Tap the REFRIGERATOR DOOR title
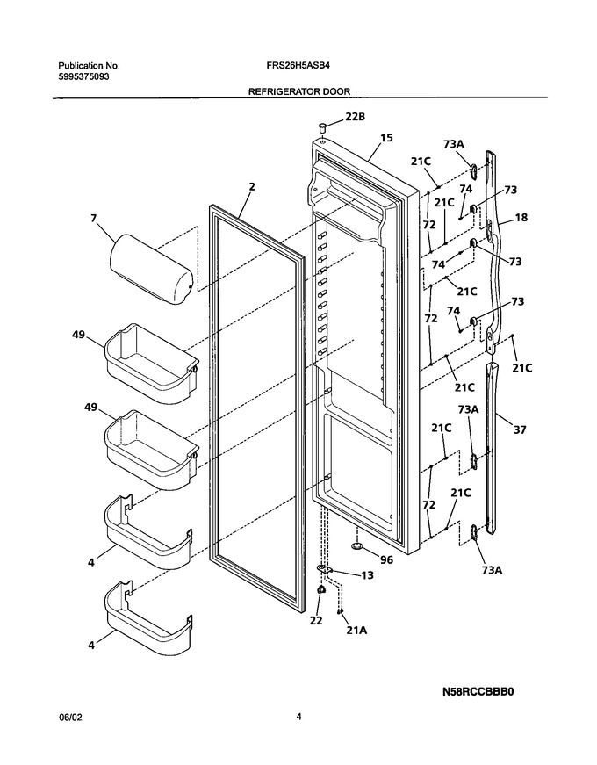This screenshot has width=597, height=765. pos(299,91)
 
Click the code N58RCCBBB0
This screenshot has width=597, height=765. pos(478,691)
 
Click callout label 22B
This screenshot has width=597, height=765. pos(355,117)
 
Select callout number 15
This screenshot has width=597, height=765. pos(386,138)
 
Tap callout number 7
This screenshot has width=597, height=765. pos(94,219)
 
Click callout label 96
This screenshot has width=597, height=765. pos(386,559)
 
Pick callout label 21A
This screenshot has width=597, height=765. pos(356,631)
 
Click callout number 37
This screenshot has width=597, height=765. pos(520,429)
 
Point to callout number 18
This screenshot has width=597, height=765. pos(521,217)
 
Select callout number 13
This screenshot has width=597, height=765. pos(367,575)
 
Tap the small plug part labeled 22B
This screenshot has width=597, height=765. pos(322,128)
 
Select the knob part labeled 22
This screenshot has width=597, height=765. pos(320,590)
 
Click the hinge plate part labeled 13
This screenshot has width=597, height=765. pos(324,569)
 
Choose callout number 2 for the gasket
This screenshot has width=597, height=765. pos(252,186)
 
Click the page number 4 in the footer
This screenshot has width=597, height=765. pos(298,717)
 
